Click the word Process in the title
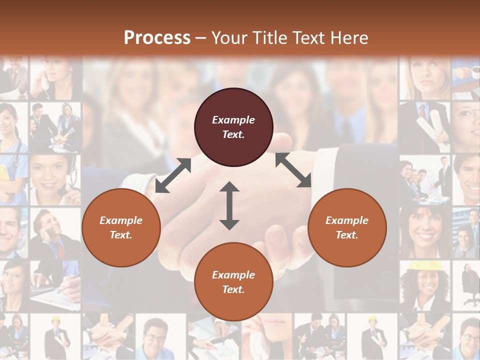point(157,38)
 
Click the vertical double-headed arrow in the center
point(229,205)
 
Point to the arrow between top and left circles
point(173,175)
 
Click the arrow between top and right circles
point(293,170)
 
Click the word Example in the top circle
point(233,120)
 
